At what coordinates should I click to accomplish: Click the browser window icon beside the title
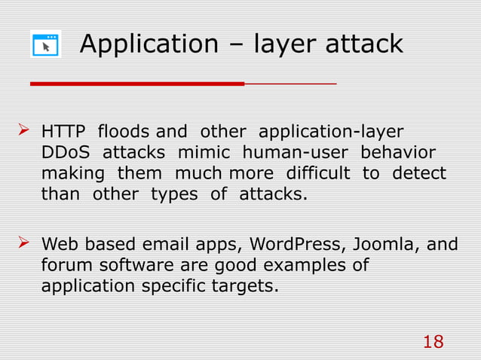(46, 44)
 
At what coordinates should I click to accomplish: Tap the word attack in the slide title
(364, 44)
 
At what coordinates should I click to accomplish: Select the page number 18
(433, 343)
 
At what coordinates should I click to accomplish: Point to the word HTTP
(63, 131)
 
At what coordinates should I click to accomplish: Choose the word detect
(418, 173)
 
